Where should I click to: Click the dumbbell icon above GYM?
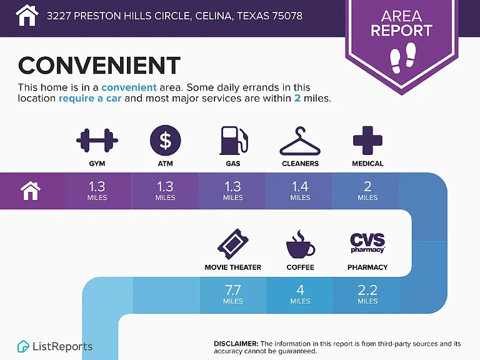[97, 141]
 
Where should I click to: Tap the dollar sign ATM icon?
[165, 140]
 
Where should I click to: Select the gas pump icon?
[233, 141]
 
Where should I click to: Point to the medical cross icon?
[367, 140]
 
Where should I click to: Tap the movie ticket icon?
[233, 244]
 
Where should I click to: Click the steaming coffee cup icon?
[300, 244]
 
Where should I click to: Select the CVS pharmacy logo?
[367, 243]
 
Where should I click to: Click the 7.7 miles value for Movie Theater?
[233, 294]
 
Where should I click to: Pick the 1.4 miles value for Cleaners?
[300, 191]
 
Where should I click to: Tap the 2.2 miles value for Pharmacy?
[367, 294]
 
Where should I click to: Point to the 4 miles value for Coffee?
[300, 294]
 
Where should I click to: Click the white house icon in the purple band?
[31, 191]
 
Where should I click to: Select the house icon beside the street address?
[27, 15]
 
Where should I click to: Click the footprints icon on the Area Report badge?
[403, 57]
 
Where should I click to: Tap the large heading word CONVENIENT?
[99, 65]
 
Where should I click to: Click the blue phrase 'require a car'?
[90, 98]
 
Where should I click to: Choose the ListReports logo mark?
[23, 346]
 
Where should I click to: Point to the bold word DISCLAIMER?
[236, 344]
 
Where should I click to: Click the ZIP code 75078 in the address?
[285, 16]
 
